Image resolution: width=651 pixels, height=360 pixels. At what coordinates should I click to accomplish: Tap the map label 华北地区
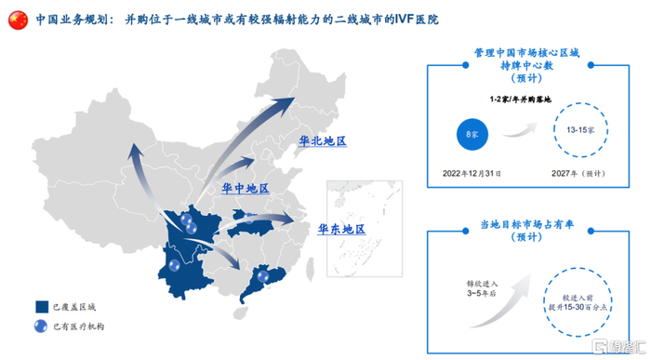[322, 141]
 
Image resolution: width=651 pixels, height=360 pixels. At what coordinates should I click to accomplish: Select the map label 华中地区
[245, 189]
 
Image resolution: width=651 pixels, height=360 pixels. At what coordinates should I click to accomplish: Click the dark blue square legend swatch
[42, 307]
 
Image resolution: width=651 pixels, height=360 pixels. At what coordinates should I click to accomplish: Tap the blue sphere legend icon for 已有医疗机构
[42, 327]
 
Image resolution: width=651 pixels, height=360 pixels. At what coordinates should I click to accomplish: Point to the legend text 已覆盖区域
[74, 307]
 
